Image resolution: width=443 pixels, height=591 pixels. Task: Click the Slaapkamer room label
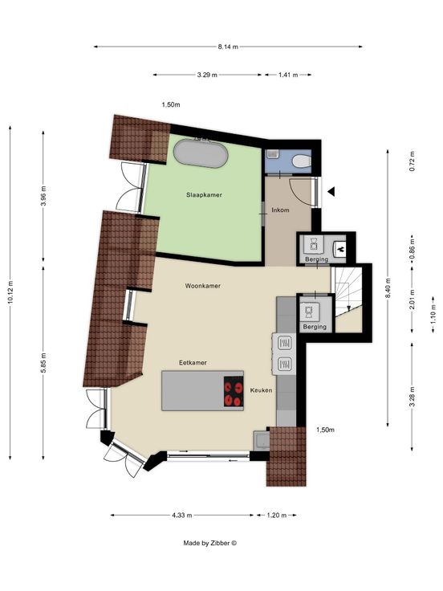pyautogui.click(x=204, y=195)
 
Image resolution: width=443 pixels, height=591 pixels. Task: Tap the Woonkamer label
pyautogui.click(x=203, y=286)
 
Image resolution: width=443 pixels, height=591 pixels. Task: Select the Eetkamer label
pyautogui.click(x=193, y=363)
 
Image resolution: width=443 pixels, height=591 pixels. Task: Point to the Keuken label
pyautogui.click(x=261, y=390)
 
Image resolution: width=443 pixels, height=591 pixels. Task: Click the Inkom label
pyautogui.click(x=280, y=210)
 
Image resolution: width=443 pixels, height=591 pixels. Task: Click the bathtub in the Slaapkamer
pyautogui.click(x=201, y=153)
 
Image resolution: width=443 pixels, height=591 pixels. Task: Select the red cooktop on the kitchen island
pyautogui.click(x=234, y=392)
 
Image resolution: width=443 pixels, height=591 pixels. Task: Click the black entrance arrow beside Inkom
pyautogui.click(x=331, y=192)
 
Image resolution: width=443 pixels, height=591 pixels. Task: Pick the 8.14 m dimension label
pyautogui.click(x=228, y=47)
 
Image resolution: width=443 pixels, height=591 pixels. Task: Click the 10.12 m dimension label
pyautogui.click(x=10, y=292)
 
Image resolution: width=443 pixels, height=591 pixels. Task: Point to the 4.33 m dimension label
pyautogui.click(x=182, y=516)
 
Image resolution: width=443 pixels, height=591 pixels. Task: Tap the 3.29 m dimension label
pyautogui.click(x=207, y=75)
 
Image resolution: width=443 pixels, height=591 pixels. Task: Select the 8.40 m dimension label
pyautogui.click(x=388, y=288)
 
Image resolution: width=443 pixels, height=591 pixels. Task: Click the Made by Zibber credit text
pyautogui.click(x=209, y=543)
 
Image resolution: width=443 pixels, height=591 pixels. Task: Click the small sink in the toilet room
pyautogui.click(x=271, y=155)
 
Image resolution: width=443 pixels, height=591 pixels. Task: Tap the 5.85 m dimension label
pyautogui.click(x=43, y=363)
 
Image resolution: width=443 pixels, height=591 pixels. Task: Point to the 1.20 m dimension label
pyautogui.click(x=277, y=516)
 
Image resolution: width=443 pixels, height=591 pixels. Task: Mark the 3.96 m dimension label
pyautogui.click(x=43, y=196)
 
